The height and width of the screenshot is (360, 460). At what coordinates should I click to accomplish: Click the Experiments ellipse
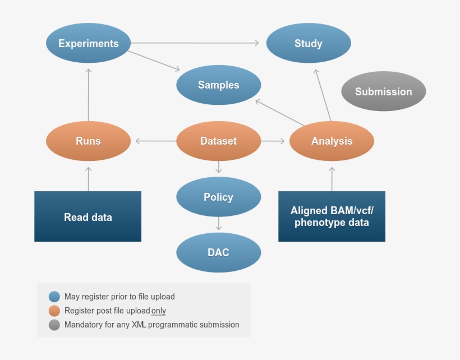(x=88, y=43)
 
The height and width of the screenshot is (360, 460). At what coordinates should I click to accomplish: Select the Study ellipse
(x=309, y=43)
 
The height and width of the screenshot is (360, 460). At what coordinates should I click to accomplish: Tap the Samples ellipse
(x=218, y=85)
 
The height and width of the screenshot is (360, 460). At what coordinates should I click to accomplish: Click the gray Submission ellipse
(x=383, y=91)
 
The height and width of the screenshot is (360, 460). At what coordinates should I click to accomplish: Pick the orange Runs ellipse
(x=88, y=141)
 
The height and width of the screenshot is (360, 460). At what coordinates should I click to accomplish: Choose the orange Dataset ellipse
(x=218, y=141)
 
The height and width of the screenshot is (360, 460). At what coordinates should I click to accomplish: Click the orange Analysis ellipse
(x=332, y=141)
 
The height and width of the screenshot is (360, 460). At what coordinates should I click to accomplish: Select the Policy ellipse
(x=218, y=197)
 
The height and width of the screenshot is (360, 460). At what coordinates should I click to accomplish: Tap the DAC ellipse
(x=218, y=252)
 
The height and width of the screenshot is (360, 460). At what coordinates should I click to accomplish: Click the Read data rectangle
(x=88, y=217)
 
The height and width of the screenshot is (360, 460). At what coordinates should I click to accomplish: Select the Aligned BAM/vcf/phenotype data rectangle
(x=332, y=217)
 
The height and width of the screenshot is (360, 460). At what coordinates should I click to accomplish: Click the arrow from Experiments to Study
(x=196, y=43)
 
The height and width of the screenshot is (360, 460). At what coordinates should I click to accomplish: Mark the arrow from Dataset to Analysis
(x=274, y=141)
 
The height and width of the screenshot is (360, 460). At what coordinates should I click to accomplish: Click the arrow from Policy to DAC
(x=219, y=224)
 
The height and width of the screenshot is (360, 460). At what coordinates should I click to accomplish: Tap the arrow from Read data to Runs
(x=88, y=178)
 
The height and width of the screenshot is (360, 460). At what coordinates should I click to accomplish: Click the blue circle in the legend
(x=54, y=297)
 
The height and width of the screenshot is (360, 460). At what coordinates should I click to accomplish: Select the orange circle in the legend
(x=54, y=311)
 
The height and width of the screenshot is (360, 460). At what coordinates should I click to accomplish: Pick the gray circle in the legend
(x=54, y=325)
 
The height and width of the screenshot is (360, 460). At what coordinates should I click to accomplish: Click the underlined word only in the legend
(x=159, y=311)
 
